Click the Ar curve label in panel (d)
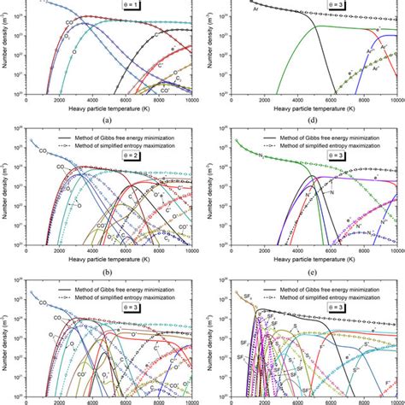[231, 10]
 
